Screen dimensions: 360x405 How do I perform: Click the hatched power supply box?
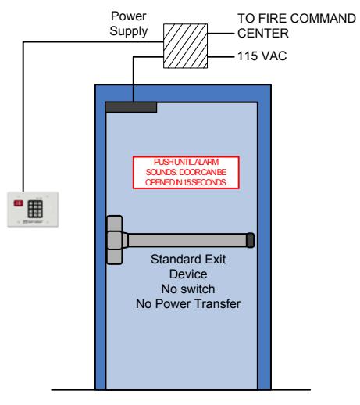click(x=185, y=46)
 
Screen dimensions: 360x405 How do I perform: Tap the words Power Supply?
click(x=129, y=23)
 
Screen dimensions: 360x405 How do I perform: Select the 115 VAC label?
click(x=262, y=56)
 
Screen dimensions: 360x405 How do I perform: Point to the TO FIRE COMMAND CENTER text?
click(x=297, y=26)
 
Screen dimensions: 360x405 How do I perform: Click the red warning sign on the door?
click(x=186, y=172)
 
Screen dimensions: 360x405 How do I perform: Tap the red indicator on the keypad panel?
click(x=18, y=203)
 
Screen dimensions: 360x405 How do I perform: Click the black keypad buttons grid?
click(x=35, y=209)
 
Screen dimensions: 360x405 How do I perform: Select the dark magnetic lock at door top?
click(x=131, y=107)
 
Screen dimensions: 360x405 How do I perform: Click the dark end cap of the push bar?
click(x=250, y=240)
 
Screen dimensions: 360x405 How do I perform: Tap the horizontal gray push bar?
click(x=187, y=240)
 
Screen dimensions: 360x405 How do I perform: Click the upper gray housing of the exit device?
click(x=114, y=224)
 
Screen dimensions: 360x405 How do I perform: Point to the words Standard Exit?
click(x=188, y=260)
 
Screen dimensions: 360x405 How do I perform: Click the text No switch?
click(x=188, y=289)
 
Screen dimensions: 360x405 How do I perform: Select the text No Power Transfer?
click(x=188, y=304)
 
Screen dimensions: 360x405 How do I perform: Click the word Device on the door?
click(x=188, y=274)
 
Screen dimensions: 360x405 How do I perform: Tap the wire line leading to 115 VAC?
click(x=221, y=56)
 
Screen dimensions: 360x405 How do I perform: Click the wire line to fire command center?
click(x=221, y=34)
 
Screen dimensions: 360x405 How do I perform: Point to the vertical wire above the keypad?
click(x=23, y=116)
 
